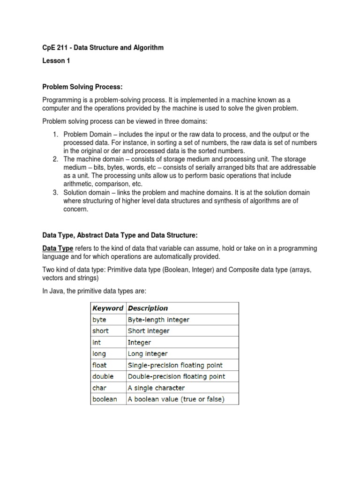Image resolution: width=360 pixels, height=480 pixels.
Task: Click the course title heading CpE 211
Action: (103, 48)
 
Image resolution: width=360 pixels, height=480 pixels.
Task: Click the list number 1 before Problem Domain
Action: (55, 135)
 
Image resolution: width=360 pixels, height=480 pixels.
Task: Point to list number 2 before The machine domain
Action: (55, 159)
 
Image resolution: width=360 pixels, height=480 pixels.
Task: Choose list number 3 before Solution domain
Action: (55, 193)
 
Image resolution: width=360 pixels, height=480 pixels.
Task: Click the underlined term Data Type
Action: (58, 248)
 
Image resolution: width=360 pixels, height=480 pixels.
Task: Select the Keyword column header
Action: (108, 308)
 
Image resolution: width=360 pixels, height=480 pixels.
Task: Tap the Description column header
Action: (148, 308)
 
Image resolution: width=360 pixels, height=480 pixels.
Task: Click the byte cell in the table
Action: (100, 320)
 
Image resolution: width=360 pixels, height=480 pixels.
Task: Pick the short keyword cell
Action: (101, 331)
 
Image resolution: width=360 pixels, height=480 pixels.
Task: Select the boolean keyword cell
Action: (105, 399)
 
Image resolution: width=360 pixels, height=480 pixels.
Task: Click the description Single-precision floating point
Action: (175, 365)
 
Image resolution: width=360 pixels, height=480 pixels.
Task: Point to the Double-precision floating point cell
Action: (176, 376)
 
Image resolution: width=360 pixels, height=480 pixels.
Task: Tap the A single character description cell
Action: (156, 388)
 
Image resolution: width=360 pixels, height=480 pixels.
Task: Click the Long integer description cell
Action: (148, 353)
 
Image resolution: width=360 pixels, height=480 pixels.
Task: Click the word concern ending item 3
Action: (76, 210)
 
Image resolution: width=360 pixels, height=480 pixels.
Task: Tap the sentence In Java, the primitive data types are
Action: (95, 291)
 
